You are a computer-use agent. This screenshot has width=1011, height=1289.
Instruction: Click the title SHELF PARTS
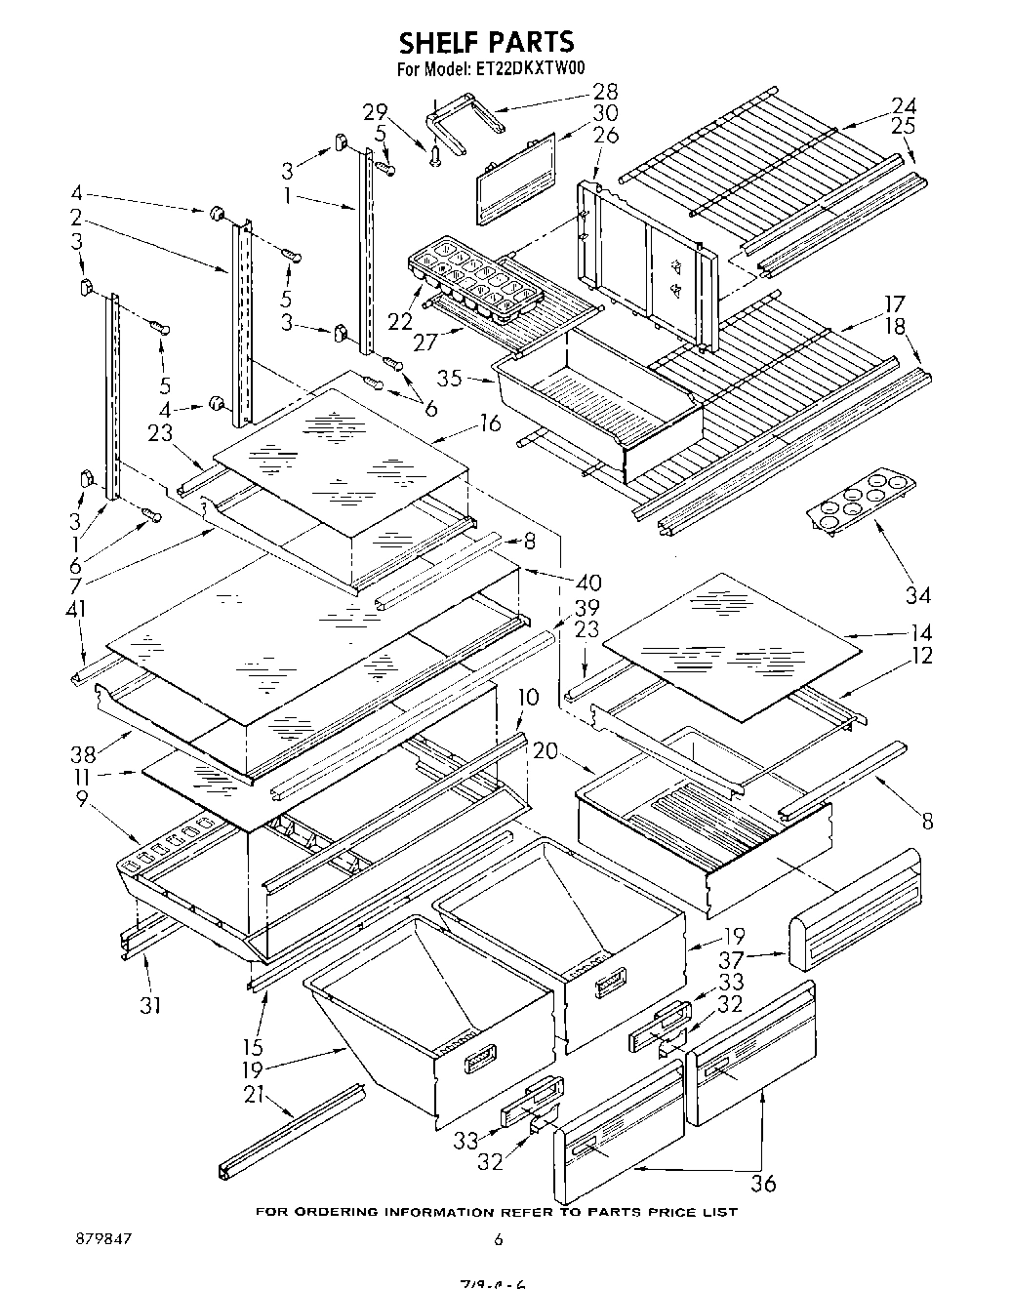point(485,42)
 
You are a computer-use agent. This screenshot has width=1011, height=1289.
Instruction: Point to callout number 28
point(605,92)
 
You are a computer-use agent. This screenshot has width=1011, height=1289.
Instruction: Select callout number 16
point(490,423)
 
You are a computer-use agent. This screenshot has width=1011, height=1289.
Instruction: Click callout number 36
point(763,1183)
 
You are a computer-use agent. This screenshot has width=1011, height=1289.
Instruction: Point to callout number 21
point(255,1095)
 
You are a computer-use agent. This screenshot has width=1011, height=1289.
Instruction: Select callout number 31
point(149,1005)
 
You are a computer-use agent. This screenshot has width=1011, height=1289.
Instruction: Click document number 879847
point(103,1239)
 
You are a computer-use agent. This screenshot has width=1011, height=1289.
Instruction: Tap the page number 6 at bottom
point(498,1239)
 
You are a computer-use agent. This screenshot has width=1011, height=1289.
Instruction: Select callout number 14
point(920,631)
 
